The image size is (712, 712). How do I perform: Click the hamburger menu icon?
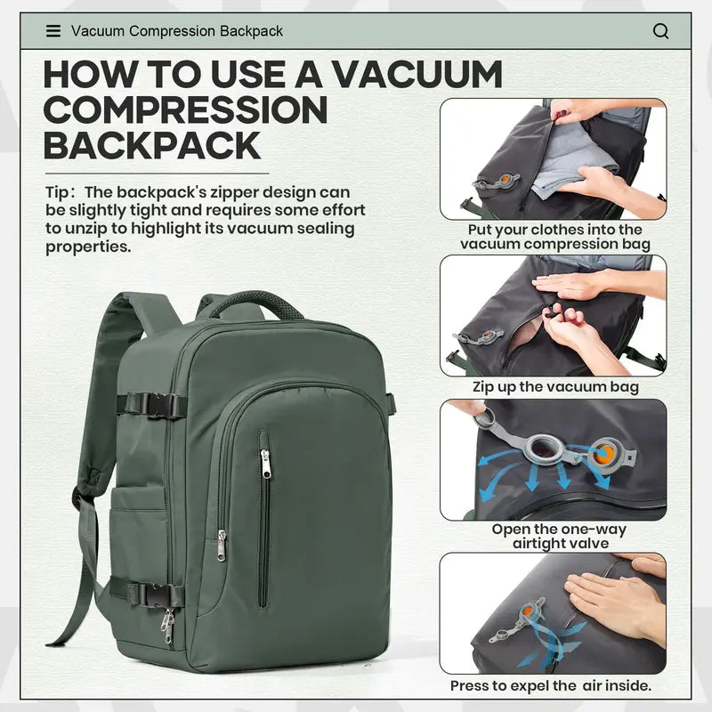tap(53, 31)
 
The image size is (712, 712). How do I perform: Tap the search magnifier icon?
tap(660, 31)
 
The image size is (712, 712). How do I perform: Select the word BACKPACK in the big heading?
tap(152, 145)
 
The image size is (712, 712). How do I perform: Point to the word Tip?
tap(59, 191)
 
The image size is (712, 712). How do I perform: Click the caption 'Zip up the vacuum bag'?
tap(554, 387)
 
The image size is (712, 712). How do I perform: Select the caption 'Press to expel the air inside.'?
tap(551, 685)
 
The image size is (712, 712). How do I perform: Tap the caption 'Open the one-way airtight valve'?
tap(559, 536)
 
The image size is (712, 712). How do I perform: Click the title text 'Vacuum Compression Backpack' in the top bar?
tap(177, 31)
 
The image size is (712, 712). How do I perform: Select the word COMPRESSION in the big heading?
tap(186, 109)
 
